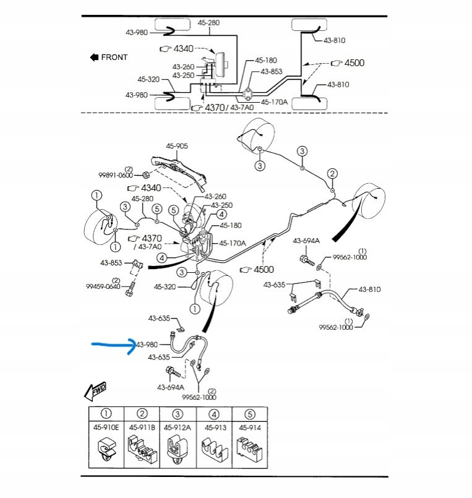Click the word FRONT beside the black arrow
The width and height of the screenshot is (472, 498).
114,58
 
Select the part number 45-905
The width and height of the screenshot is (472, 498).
176,146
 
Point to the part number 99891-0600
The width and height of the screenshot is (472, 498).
116,175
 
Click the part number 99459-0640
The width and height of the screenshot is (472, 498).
103,286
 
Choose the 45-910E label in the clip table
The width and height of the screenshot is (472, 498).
106,427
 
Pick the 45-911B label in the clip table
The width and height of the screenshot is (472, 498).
142,427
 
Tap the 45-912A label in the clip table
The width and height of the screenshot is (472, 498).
178,427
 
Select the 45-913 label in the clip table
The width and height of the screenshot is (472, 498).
213,427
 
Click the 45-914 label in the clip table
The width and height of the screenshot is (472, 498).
249,427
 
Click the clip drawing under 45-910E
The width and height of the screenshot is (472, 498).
106,450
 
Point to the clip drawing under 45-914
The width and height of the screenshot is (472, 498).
249,449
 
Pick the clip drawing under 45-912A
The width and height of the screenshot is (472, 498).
178,449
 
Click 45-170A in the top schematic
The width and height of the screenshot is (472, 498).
274,102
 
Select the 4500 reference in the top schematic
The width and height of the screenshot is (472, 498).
354,63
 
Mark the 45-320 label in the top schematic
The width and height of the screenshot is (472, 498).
148,79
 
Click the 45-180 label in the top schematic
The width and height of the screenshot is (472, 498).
266,60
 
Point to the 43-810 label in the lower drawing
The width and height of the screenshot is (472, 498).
370,290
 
